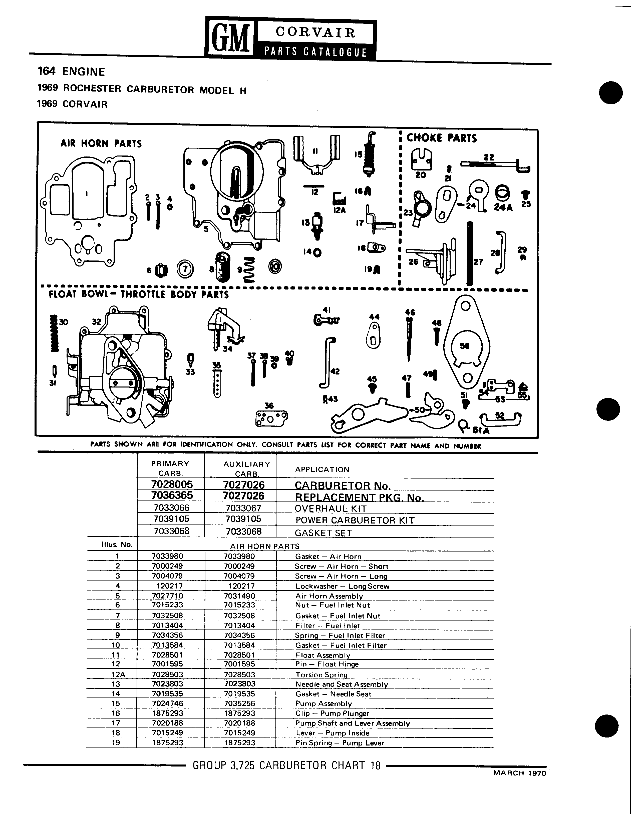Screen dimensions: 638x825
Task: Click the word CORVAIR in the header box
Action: (315, 33)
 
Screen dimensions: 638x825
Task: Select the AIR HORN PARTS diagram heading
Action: (101, 143)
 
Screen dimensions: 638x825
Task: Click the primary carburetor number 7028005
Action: (172, 484)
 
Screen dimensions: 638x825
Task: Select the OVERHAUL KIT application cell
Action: (331, 508)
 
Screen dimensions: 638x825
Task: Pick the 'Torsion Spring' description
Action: (321, 675)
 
